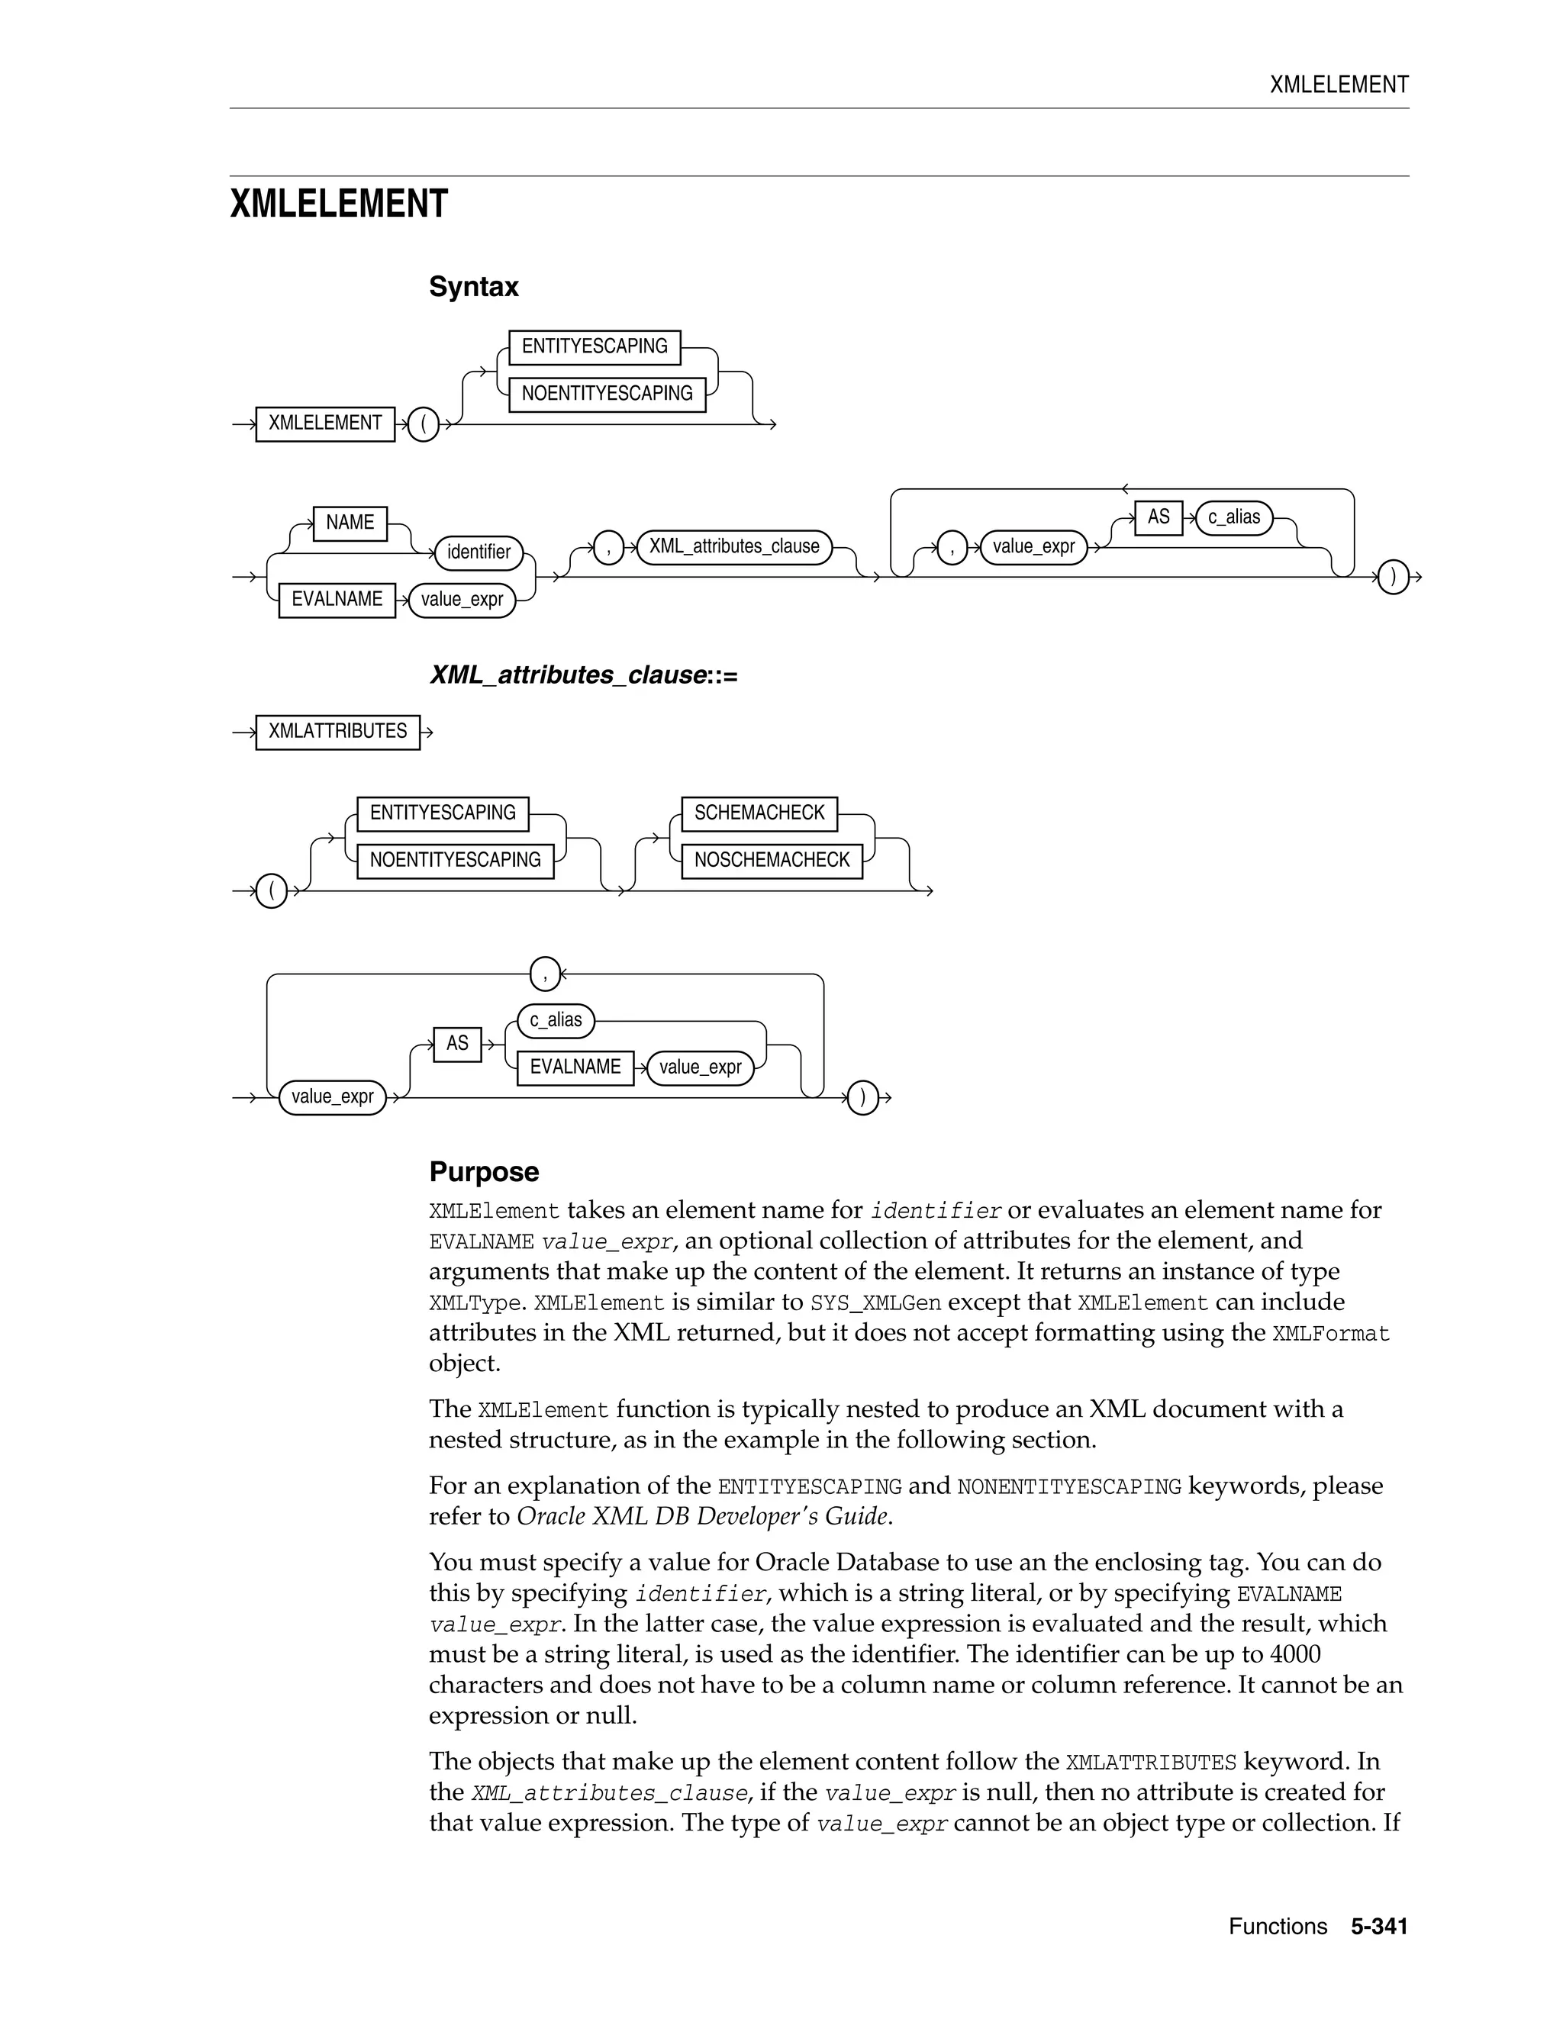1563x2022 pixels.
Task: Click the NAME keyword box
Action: pos(350,523)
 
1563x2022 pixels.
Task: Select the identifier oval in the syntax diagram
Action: pos(479,552)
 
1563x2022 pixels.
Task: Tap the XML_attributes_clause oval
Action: pos(734,546)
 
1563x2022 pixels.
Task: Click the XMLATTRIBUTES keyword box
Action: pos(337,732)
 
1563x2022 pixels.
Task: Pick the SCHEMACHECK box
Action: pos(759,813)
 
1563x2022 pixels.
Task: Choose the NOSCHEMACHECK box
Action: pos(772,860)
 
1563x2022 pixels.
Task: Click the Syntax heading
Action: pos(473,287)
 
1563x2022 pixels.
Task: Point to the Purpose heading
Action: pos(483,1172)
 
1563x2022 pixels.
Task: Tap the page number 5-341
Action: pos(1379,1927)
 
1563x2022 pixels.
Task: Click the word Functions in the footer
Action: pos(1278,1927)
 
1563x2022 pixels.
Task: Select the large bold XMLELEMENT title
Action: pos(339,204)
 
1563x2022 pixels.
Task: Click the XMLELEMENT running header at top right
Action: pos(1339,85)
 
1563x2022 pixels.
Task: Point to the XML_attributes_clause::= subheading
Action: pos(583,675)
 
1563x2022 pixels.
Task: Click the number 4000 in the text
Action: pos(1294,1653)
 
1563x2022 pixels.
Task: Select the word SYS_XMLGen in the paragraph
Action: pos(875,1302)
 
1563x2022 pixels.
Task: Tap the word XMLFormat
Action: pos(1330,1333)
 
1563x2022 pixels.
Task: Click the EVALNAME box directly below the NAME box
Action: pos(337,600)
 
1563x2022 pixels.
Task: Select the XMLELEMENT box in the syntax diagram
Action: pos(325,424)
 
